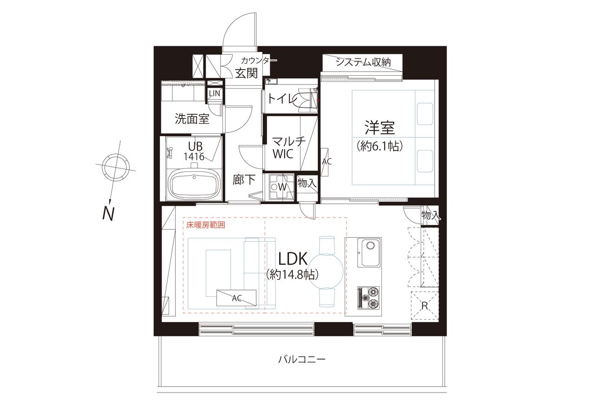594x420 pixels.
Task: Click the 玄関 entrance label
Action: pos(246,73)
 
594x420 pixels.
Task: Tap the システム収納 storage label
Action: pos(363,62)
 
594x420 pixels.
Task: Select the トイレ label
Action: pos(282,99)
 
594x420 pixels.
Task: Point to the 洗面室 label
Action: pos(192,119)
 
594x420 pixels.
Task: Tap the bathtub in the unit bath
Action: pos(195,184)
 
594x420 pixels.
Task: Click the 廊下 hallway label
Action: pos(244,180)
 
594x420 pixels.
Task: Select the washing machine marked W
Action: pos(281,187)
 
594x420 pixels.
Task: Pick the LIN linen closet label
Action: pos(214,93)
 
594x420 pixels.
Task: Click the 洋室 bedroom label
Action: pos(380,128)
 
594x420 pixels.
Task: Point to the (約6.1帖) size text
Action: pos(379,146)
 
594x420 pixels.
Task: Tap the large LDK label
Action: pos(293,259)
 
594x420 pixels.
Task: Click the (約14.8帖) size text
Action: pos(292,275)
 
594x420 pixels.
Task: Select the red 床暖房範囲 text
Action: pos(206,225)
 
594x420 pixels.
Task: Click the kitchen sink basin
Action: pos(369,253)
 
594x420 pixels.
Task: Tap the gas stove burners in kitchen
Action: pos(368,298)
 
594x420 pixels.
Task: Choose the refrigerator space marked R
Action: pos(424,305)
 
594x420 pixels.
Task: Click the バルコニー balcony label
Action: pos(301,360)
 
